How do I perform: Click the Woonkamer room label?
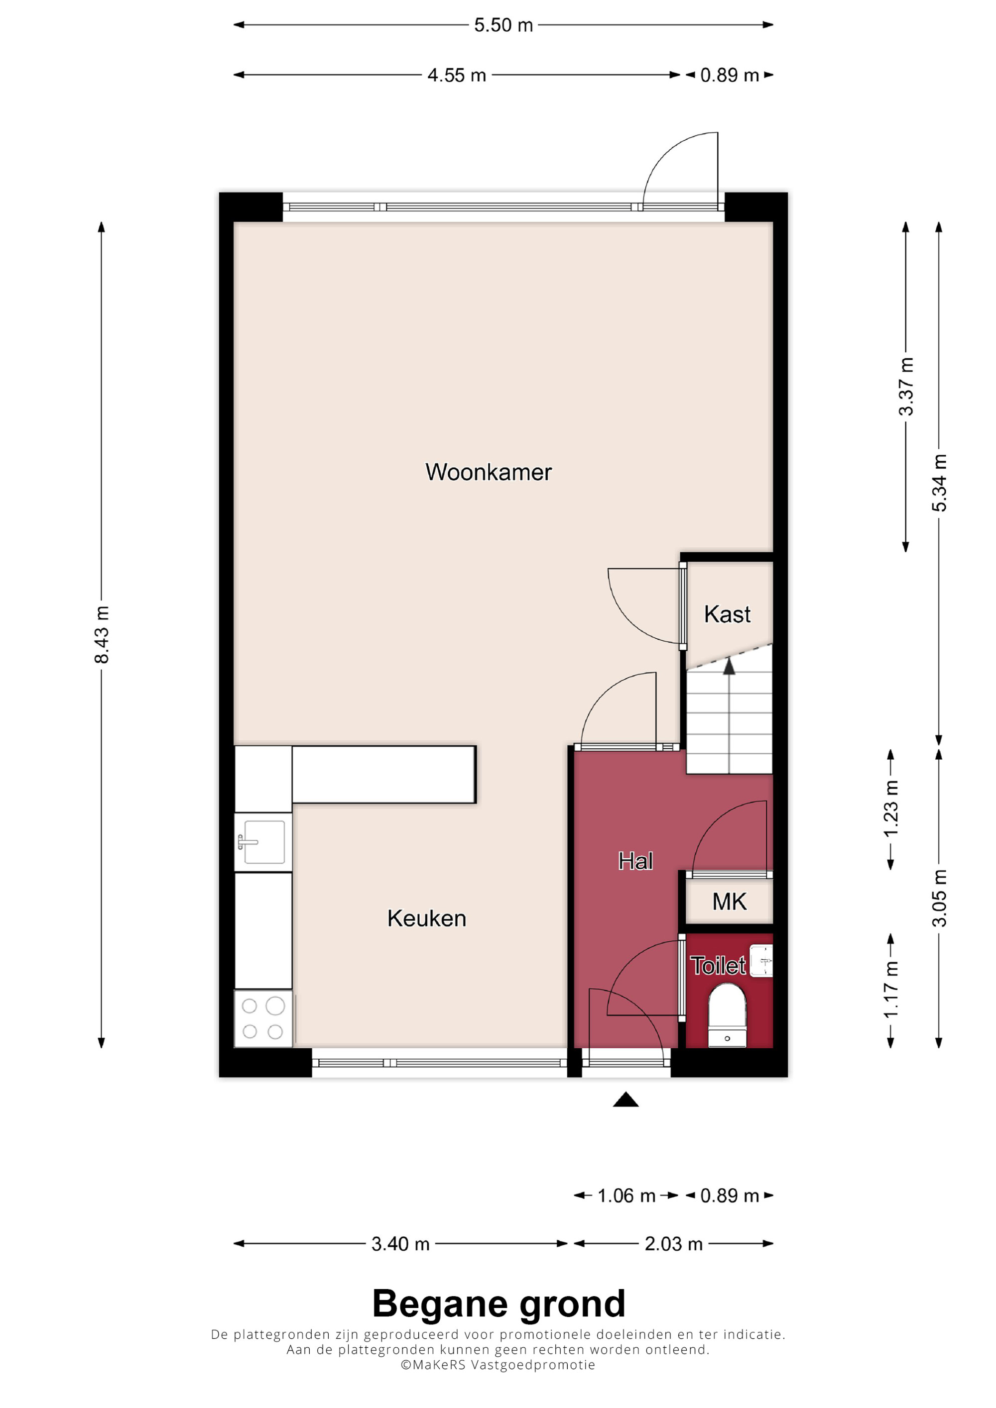coord(489,472)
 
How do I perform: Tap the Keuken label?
coord(426,918)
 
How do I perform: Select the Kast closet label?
coord(727,614)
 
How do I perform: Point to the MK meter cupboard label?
coord(729,902)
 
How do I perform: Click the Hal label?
coord(635,861)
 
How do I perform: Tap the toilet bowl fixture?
coord(727,1015)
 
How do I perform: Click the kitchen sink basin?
coord(264,842)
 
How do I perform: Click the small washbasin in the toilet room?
coord(761,960)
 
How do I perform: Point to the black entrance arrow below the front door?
coord(625,1100)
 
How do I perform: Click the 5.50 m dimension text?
coord(503,25)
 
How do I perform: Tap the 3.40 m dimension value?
coord(400,1244)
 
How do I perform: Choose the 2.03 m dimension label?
coord(673,1244)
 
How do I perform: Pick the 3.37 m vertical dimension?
coord(906,387)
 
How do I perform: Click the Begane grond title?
coord(498,1305)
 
